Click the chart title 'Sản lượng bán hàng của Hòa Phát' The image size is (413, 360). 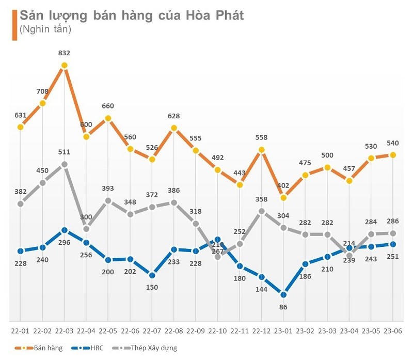click(131, 15)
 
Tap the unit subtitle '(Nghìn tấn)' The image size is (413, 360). click(45, 29)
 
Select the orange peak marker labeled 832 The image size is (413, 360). click(64, 66)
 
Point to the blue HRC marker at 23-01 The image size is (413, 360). click(283, 294)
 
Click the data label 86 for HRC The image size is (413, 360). click(283, 307)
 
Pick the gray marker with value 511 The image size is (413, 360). click(64, 164)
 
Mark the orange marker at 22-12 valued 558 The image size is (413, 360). click(262, 150)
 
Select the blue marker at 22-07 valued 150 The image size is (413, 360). click(152, 275)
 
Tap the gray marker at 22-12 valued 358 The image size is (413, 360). click(262, 211)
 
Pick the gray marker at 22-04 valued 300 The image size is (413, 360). click(86, 229)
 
